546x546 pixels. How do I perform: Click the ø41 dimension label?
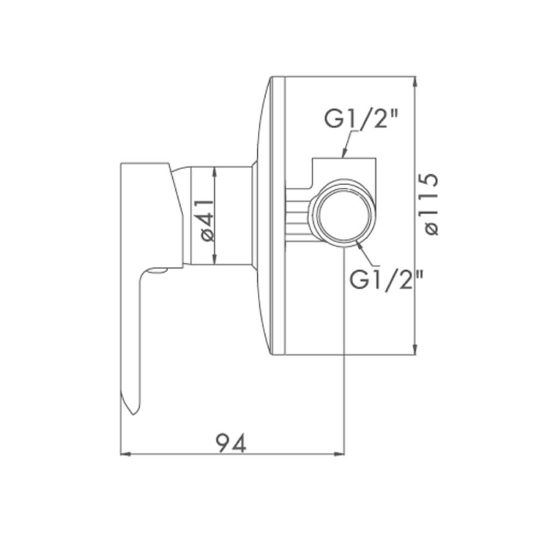[x=207, y=221]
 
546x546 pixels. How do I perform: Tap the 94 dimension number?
[x=231, y=443]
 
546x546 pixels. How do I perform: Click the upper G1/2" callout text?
[x=361, y=118]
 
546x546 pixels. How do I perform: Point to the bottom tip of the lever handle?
[x=133, y=414]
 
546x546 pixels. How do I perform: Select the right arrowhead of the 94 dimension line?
[x=339, y=454]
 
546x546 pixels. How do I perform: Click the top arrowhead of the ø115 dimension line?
[x=414, y=81]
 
